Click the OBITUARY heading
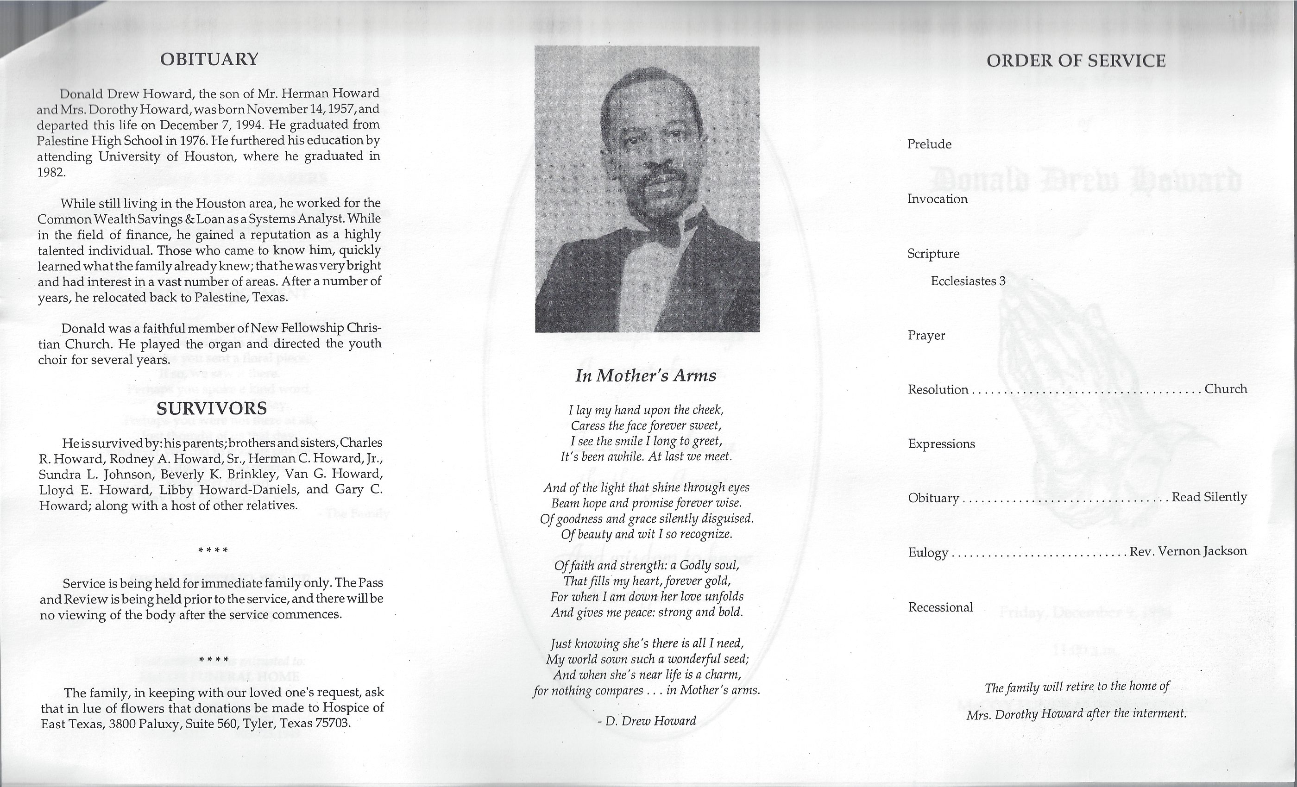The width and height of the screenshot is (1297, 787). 209,59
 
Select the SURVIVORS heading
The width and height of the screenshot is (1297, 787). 212,408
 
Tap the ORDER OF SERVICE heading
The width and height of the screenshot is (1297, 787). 1076,61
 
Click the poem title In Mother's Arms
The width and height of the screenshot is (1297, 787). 645,375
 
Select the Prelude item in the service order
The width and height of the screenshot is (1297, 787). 929,144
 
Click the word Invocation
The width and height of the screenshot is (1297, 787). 937,199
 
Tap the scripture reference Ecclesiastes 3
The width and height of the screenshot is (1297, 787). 968,281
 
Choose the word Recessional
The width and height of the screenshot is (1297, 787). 940,607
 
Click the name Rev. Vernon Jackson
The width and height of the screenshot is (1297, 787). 1188,551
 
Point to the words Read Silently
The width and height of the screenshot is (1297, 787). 1209,497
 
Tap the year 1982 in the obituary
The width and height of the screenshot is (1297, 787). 50,172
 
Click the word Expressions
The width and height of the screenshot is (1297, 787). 941,444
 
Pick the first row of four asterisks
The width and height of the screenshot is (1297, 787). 213,551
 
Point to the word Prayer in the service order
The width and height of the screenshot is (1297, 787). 926,336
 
